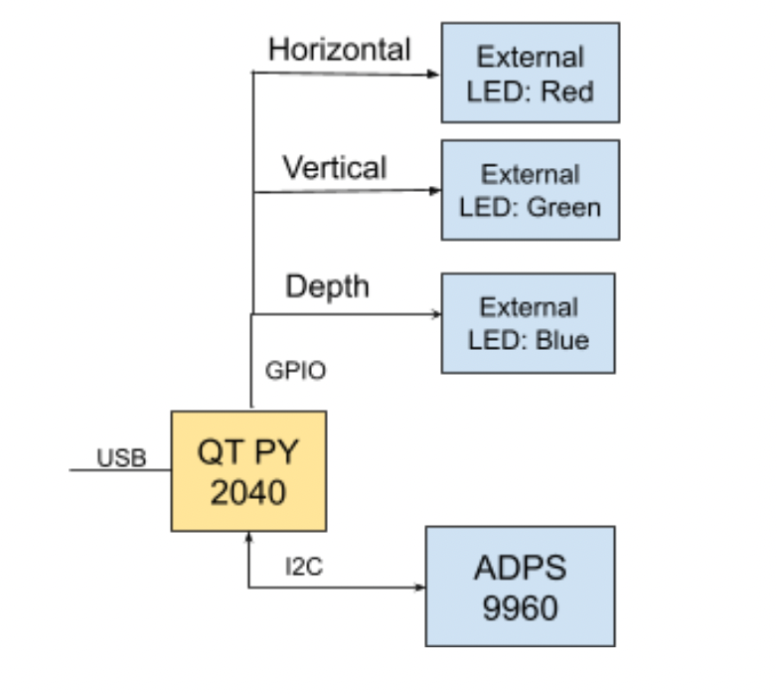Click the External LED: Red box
tap(530, 73)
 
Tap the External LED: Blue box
tap(528, 323)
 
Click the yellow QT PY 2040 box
tap(247, 470)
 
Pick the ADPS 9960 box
tap(520, 586)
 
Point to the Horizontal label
tap(339, 49)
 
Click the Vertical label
tap(334, 166)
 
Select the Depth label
tap(327, 286)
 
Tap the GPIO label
tap(295, 371)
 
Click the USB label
tap(121, 457)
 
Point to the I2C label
tap(304, 567)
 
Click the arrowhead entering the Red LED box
tap(434, 74)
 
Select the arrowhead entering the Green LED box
tap(434, 190)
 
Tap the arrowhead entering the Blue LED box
tap(434, 314)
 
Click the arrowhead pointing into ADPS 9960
tap(419, 587)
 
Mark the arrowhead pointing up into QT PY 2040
tap(248, 537)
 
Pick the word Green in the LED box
tap(563, 207)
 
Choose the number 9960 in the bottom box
tap(520, 607)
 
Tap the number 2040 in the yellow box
tap(247, 491)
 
